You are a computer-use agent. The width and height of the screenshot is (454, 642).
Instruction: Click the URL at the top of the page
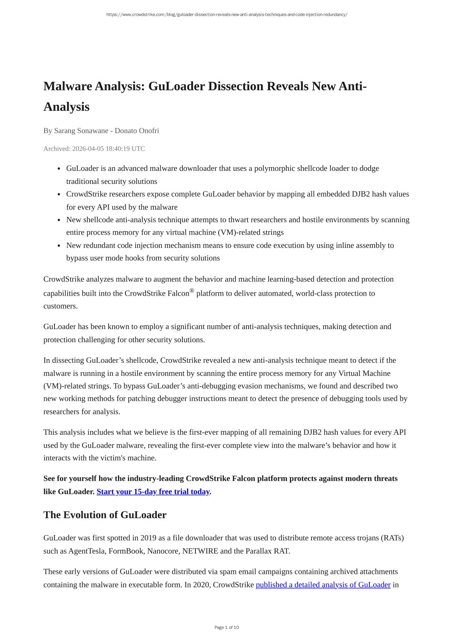(x=227, y=15)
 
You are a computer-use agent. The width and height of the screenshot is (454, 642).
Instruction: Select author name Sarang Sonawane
(x=81, y=131)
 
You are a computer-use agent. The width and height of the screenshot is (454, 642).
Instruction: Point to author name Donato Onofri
(x=137, y=131)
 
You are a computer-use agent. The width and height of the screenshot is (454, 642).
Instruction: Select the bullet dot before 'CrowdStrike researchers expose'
(x=59, y=195)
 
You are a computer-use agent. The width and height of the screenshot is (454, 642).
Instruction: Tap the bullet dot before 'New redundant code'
(x=59, y=246)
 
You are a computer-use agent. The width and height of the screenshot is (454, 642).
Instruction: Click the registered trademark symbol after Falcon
(x=192, y=291)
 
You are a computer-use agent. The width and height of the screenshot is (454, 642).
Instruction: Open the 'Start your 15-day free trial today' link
(x=153, y=492)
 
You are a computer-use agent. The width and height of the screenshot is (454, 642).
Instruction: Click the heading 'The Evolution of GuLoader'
(x=105, y=515)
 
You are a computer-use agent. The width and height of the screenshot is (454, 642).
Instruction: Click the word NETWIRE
(x=200, y=551)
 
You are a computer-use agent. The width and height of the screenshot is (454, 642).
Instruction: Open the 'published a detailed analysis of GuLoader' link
(x=323, y=585)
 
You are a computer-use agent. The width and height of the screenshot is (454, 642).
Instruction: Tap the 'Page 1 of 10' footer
(x=227, y=628)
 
